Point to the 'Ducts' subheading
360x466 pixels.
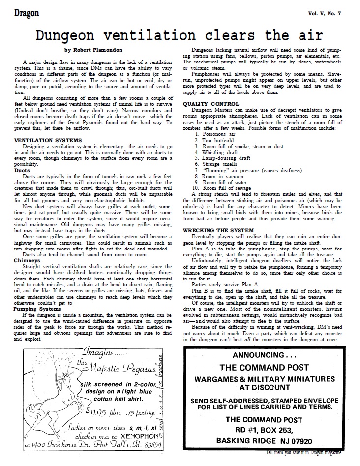(22, 170)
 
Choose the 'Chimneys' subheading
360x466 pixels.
(27, 260)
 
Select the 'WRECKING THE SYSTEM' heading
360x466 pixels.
(218, 230)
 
